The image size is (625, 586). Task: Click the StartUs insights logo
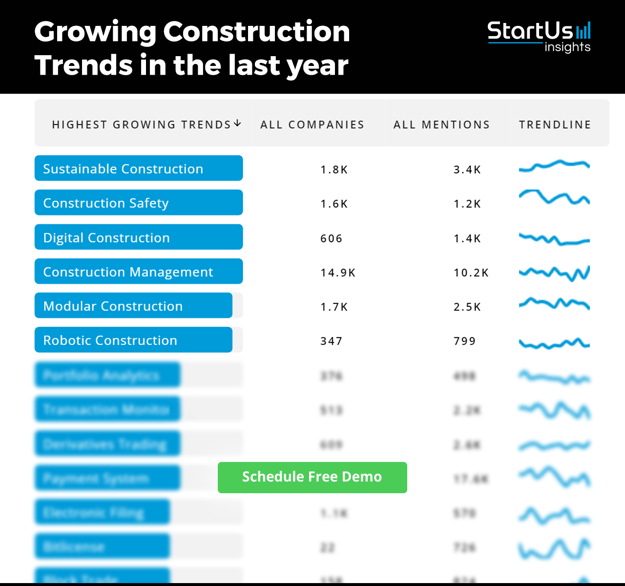click(x=539, y=36)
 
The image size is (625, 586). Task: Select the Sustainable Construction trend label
click(x=123, y=169)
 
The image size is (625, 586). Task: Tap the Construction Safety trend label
click(x=106, y=203)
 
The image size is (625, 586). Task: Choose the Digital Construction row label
click(x=106, y=238)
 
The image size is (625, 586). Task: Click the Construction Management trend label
click(x=128, y=272)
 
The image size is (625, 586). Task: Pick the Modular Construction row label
click(x=113, y=306)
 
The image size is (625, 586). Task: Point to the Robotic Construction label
click(x=110, y=340)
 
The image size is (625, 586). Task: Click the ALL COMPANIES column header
click(x=312, y=125)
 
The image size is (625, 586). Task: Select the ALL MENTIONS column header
click(x=441, y=125)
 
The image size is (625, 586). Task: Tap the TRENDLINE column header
click(x=555, y=125)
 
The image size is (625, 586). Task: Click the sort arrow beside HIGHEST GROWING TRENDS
click(x=237, y=124)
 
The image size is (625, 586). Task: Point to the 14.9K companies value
click(x=338, y=273)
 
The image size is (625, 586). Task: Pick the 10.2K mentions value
click(x=471, y=273)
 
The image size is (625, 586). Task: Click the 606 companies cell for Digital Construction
click(x=331, y=239)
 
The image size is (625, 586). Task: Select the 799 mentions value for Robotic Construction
click(x=464, y=341)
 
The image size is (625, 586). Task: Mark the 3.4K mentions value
click(x=467, y=170)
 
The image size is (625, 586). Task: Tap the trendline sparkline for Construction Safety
click(x=554, y=198)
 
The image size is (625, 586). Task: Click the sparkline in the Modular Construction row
click(x=554, y=303)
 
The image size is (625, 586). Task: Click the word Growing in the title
click(x=95, y=32)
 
